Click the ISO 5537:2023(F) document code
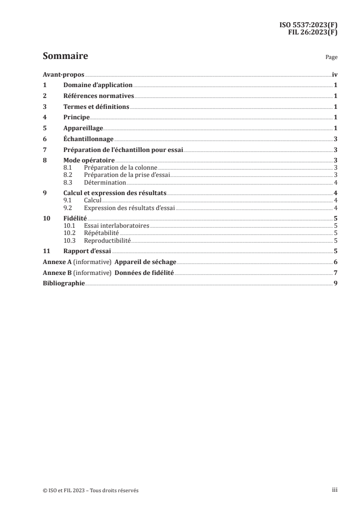pos(308,25)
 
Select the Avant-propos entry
pos(64,74)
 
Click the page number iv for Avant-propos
pos(335,74)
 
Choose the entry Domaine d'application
pos(98,85)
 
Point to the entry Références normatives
pos(99,96)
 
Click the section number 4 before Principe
pos(44,117)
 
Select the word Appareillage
pos(83,128)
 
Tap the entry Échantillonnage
pos(88,139)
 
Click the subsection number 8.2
pos(68,175)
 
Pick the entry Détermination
pos(105,182)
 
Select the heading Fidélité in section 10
pos(75,218)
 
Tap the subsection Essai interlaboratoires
pos(117,225)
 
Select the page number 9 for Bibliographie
pos(335,283)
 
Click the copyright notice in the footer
pos(91,490)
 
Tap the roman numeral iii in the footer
pos(335,490)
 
